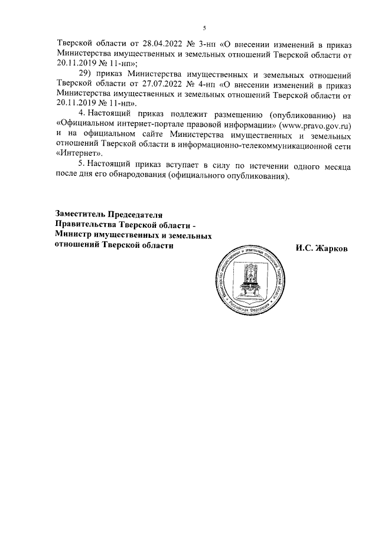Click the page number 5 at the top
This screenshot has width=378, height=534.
coord(204,28)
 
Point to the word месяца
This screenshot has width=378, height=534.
coord(337,166)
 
